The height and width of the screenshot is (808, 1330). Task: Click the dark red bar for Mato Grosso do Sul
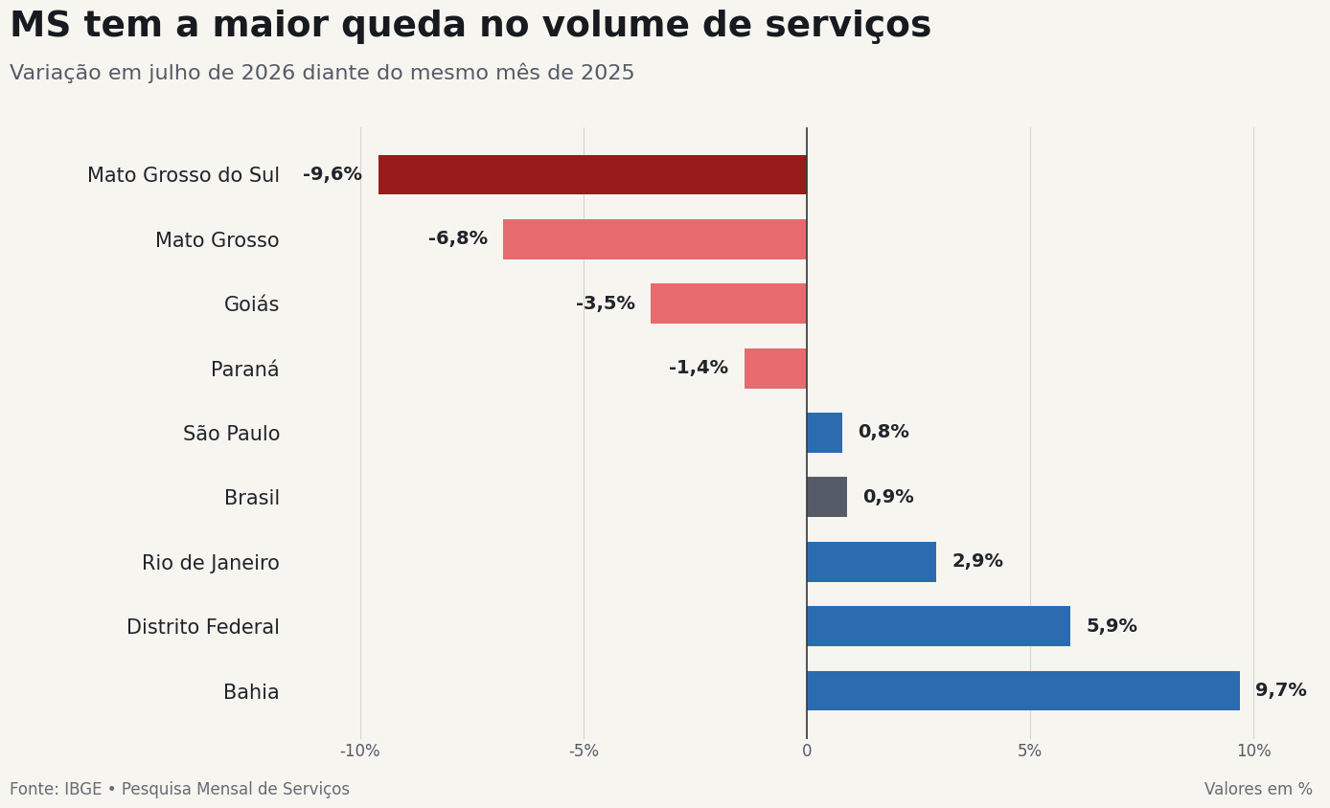(x=592, y=175)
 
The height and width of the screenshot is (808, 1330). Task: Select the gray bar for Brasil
(x=827, y=497)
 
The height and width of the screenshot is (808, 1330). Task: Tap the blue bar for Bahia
(x=1023, y=691)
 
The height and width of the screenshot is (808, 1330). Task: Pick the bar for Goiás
(x=728, y=303)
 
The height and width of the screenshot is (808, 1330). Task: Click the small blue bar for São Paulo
(x=825, y=433)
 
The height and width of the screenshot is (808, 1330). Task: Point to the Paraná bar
(x=775, y=369)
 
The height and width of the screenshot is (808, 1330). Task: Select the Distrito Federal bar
(x=939, y=626)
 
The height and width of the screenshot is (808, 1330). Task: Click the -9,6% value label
(x=332, y=174)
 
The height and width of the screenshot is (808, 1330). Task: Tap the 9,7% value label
(x=1281, y=690)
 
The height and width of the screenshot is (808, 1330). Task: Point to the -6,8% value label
(x=458, y=238)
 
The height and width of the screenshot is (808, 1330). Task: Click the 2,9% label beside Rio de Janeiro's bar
(x=977, y=561)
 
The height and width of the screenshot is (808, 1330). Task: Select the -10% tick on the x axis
(x=360, y=752)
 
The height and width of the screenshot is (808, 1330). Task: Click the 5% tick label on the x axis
(x=1029, y=752)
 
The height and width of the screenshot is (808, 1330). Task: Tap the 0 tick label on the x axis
(x=807, y=752)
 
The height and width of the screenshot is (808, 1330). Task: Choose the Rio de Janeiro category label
(x=210, y=563)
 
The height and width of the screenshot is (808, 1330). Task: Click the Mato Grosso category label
(x=218, y=240)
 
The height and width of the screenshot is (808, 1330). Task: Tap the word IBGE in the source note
(x=83, y=789)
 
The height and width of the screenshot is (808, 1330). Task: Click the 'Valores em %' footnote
(x=1258, y=789)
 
